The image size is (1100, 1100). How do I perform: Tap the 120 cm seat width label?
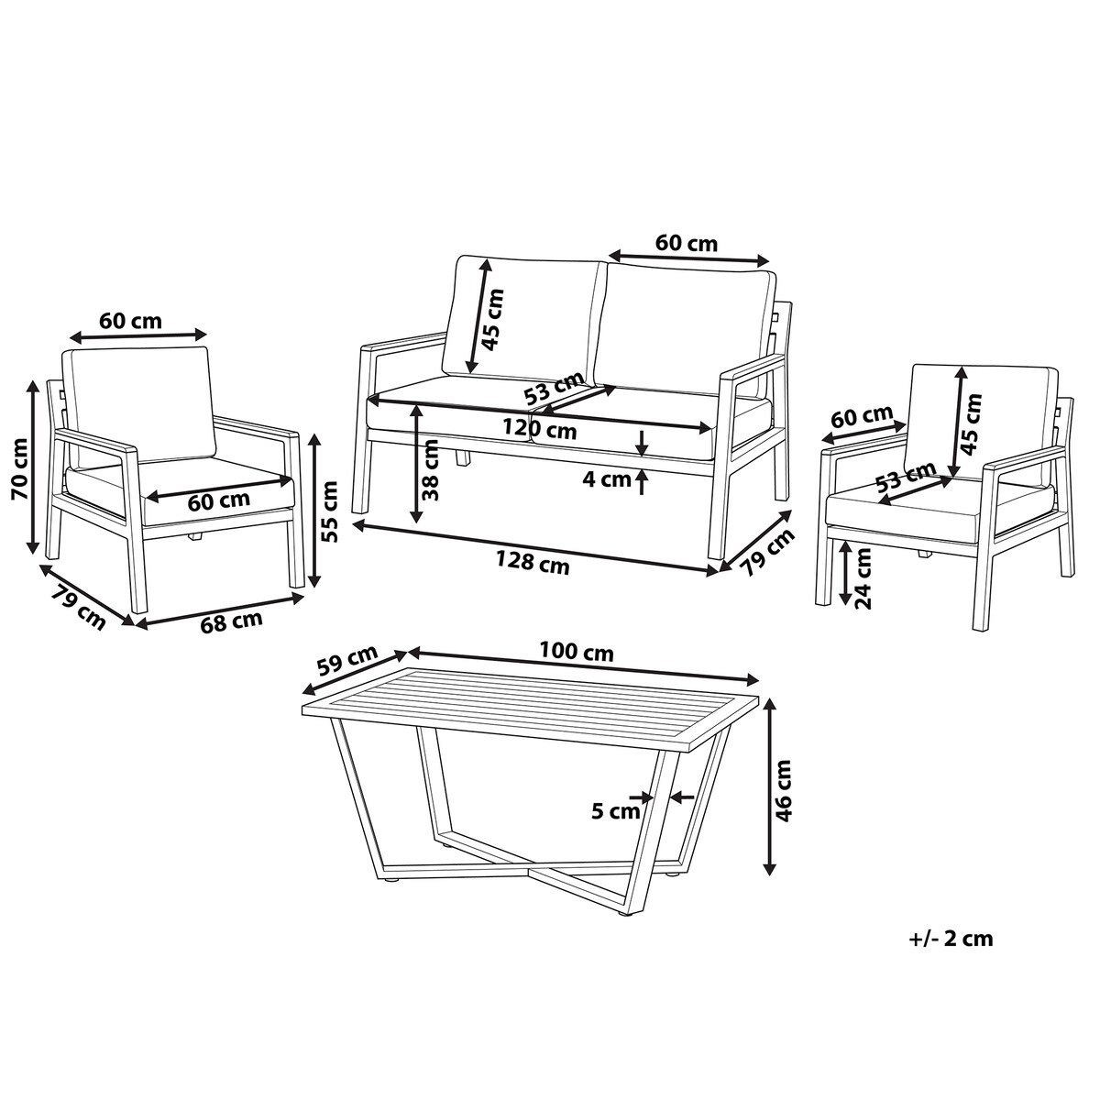[x=539, y=428]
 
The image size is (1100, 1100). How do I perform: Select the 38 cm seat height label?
[x=432, y=470]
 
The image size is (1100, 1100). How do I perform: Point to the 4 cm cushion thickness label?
[x=607, y=478]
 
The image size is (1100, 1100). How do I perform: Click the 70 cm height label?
[x=21, y=469]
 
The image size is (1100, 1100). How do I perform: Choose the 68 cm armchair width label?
[x=231, y=621]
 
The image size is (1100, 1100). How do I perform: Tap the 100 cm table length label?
[x=577, y=653]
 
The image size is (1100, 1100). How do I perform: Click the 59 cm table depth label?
[x=347, y=661]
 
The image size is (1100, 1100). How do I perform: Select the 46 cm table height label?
[x=785, y=790]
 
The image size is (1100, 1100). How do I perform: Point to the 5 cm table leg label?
[x=615, y=811]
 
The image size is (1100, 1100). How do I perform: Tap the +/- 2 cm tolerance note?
[x=951, y=939]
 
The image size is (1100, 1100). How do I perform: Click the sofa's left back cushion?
[x=522, y=320]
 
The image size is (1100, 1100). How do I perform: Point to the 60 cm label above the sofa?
[x=686, y=244]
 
